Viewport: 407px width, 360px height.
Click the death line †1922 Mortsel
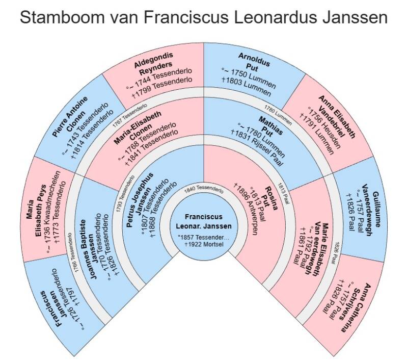click(204, 244)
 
